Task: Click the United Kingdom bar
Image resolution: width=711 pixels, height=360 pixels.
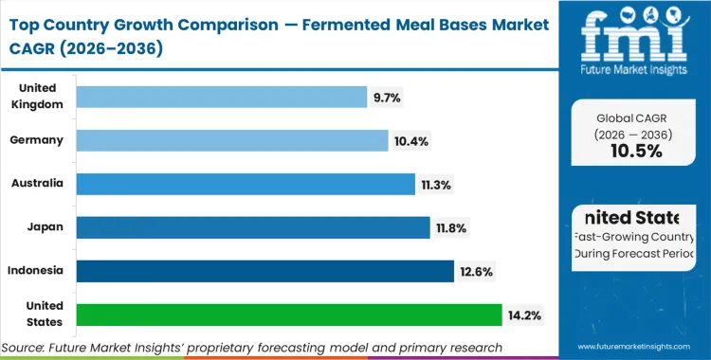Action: [221, 97]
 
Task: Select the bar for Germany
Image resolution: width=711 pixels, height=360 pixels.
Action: [232, 140]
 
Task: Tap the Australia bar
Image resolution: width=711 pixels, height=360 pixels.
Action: [246, 184]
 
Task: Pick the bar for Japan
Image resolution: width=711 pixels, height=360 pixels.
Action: [252, 227]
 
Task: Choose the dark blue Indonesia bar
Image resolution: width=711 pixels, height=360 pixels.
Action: [264, 271]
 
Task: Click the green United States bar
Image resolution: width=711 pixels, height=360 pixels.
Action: [288, 315]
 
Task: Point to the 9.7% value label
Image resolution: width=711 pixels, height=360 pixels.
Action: [387, 97]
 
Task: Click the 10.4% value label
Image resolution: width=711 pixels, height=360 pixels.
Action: [410, 140]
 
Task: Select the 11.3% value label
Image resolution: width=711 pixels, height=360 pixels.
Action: [437, 184]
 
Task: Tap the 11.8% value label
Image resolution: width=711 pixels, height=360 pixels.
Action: [450, 227]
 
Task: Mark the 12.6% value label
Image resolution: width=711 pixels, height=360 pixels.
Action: [475, 271]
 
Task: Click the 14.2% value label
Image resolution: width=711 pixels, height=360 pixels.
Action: [522, 315]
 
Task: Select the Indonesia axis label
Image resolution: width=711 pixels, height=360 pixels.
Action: [36, 271]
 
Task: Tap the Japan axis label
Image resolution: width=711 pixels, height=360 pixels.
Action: [46, 227]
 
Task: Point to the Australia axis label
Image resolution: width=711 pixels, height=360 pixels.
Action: [37, 184]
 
